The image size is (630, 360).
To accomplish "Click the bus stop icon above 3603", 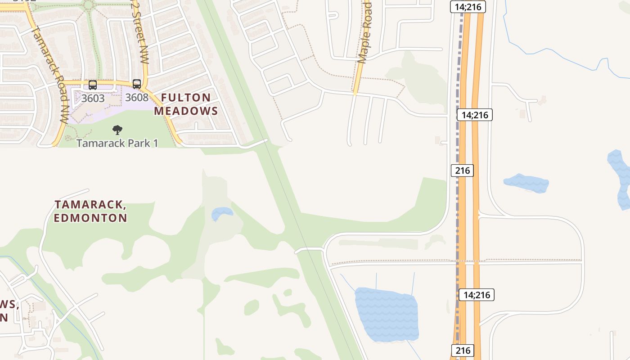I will click(92, 85).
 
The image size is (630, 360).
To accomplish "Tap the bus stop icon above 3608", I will click(136, 84).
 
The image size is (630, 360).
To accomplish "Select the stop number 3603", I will click(93, 98).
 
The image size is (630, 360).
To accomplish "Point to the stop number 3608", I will click(137, 97).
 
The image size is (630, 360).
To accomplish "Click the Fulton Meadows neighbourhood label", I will click(186, 104).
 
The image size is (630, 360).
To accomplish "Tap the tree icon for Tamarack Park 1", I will click(117, 130).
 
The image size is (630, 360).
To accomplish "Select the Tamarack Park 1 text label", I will click(117, 143).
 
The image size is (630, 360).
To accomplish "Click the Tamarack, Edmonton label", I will click(90, 211).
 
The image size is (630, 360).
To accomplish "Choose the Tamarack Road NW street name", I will click(49, 74).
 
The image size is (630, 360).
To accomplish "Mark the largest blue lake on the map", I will click(386, 314).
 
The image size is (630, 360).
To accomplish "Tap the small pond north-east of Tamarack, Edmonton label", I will click(221, 213).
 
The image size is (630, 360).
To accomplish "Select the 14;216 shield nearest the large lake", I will click(477, 295).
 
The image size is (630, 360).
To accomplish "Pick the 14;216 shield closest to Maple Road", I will click(475, 115).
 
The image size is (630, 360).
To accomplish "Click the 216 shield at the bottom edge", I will click(462, 350).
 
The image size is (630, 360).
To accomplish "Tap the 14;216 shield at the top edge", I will click(468, 7).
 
